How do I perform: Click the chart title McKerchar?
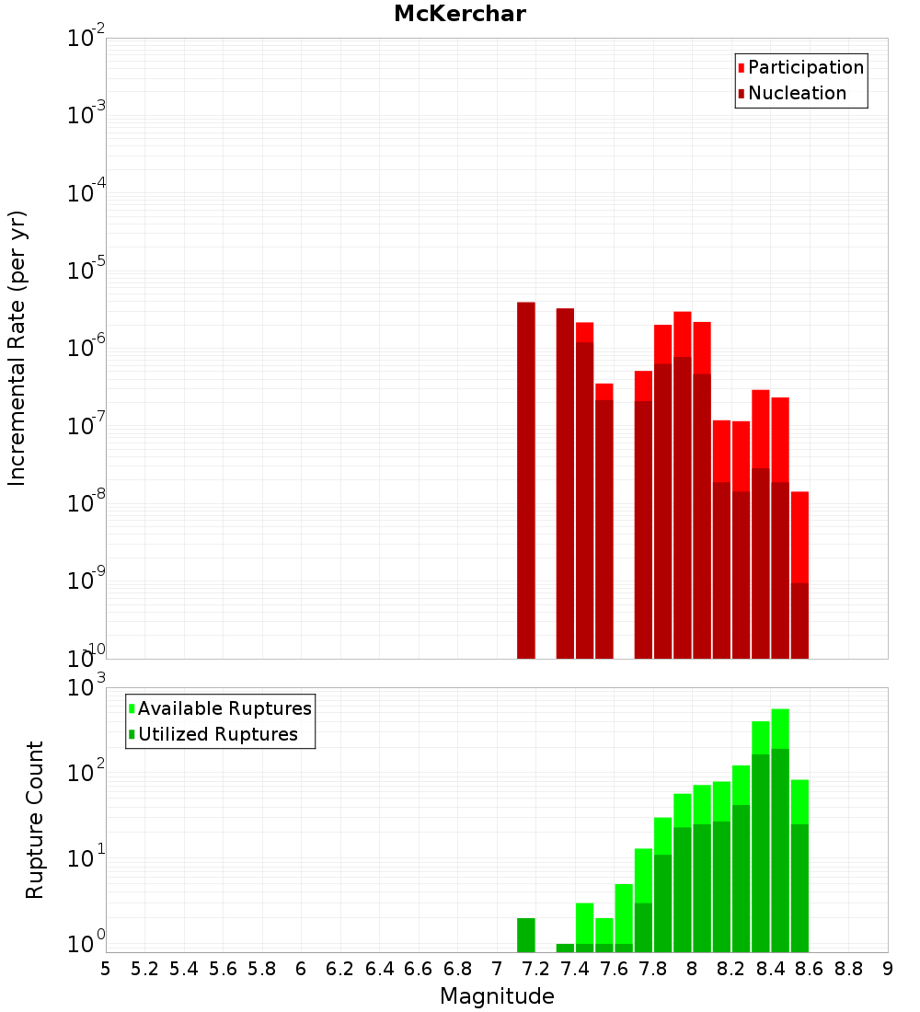click(x=460, y=14)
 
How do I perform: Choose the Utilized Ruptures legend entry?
click(x=217, y=734)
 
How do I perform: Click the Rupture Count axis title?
click(x=35, y=819)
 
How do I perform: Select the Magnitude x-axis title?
click(x=497, y=996)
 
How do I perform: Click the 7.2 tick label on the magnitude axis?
click(x=535, y=969)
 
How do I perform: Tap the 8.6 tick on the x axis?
click(x=810, y=969)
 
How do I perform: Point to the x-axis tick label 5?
click(x=106, y=969)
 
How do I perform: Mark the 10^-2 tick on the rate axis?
click(x=86, y=38)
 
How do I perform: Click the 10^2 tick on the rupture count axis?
click(x=86, y=772)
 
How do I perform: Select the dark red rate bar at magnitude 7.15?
click(x=526, y=478)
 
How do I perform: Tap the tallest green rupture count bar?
click(x=780, y=828)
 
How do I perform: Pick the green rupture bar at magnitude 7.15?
click(x=526, y=935)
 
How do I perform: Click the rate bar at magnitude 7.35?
click(x=565, y=483)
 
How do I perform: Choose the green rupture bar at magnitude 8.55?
click(x=799, y=865)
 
